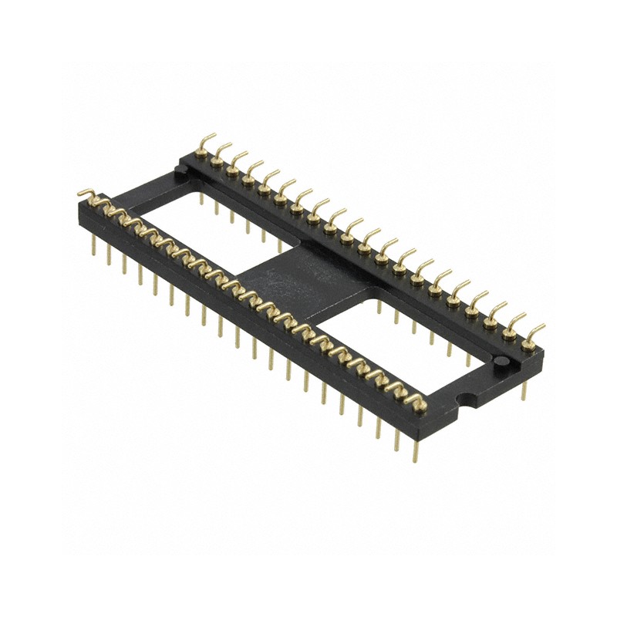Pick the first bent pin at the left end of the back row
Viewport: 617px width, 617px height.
coord(205,143)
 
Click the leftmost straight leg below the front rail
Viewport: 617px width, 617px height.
coord(94,245)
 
